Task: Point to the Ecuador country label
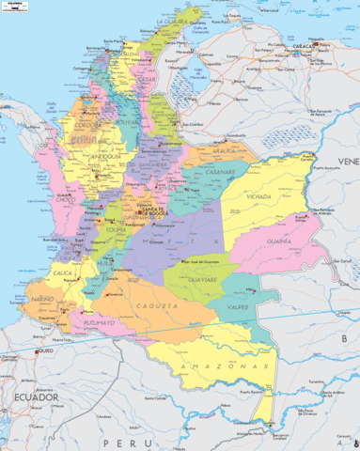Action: (30, 397)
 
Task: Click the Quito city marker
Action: (38, 351)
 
